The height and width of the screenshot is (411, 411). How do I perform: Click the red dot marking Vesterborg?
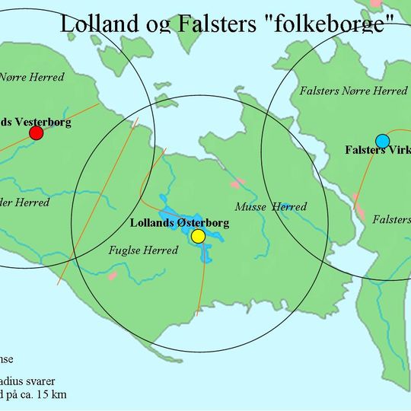pos(36,134)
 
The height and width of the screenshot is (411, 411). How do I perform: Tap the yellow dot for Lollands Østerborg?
pos(198,237)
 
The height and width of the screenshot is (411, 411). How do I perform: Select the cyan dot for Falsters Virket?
pos(382,141)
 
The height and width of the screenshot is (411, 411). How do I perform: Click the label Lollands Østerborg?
pos(180,224)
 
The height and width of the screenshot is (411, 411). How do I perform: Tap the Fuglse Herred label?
pos(143,250)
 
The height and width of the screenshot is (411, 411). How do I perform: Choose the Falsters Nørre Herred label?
pos(354,91)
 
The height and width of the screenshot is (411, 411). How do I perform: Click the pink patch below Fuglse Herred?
pos(113,275)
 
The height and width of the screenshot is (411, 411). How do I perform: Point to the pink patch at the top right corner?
pos(375,4)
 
